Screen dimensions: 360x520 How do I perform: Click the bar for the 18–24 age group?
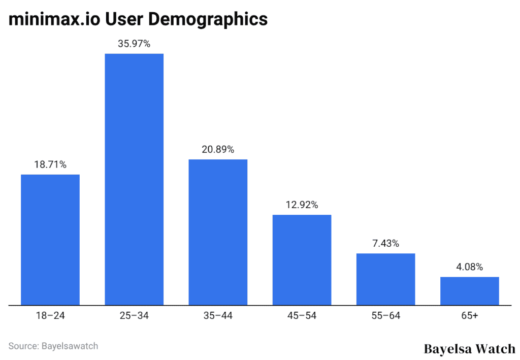(x=50, y=240)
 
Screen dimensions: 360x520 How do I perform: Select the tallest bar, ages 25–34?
(x=134, y=179)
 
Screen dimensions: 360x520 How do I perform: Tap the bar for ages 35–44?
(x=218, y=232)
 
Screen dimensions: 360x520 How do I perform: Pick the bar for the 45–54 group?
(x=302, y=259)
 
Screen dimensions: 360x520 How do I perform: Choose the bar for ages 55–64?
(x=385, y=279)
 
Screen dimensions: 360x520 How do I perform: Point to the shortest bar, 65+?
(x=469, y=290)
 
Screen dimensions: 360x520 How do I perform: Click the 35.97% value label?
(x=134, y=44)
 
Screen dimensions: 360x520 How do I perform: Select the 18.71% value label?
(x=50, y=165)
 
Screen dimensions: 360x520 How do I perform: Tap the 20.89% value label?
(x=218, y=149)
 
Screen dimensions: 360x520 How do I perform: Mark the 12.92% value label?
(x=302, y=205)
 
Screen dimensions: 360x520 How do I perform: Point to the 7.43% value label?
(x=385, y=243)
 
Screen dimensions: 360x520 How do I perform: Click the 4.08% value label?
(x=469, y=267)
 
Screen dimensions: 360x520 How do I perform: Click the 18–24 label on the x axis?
(x=50, y=316)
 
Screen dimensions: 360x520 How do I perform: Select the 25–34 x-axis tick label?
(x=134, y=316)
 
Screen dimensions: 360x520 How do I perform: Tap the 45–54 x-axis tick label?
(x=302, y=316)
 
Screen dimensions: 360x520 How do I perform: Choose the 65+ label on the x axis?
(x=469, y=316)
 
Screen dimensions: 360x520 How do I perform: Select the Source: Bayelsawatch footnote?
(x=53, y=346)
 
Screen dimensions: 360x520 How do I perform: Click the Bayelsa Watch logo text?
(x=469, y=349)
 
